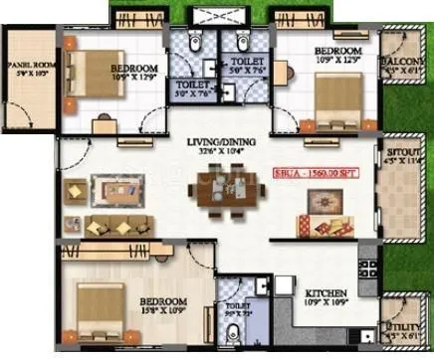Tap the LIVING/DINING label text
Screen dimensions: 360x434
click(219, 144)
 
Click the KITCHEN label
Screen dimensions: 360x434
click(325, 293)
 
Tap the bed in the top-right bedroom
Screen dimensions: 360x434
click(337, 95)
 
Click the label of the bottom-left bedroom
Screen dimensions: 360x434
click(165, 301)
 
